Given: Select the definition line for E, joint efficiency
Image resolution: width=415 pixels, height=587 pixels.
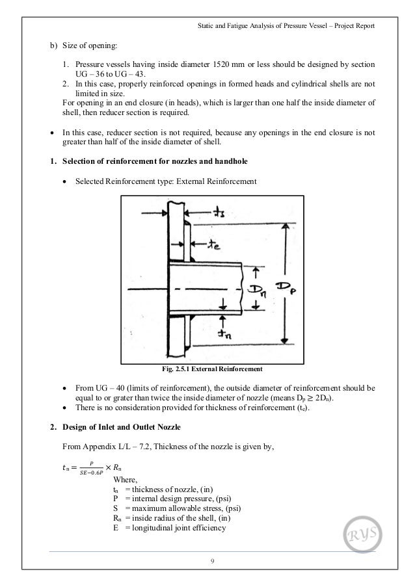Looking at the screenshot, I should point(169,527).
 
